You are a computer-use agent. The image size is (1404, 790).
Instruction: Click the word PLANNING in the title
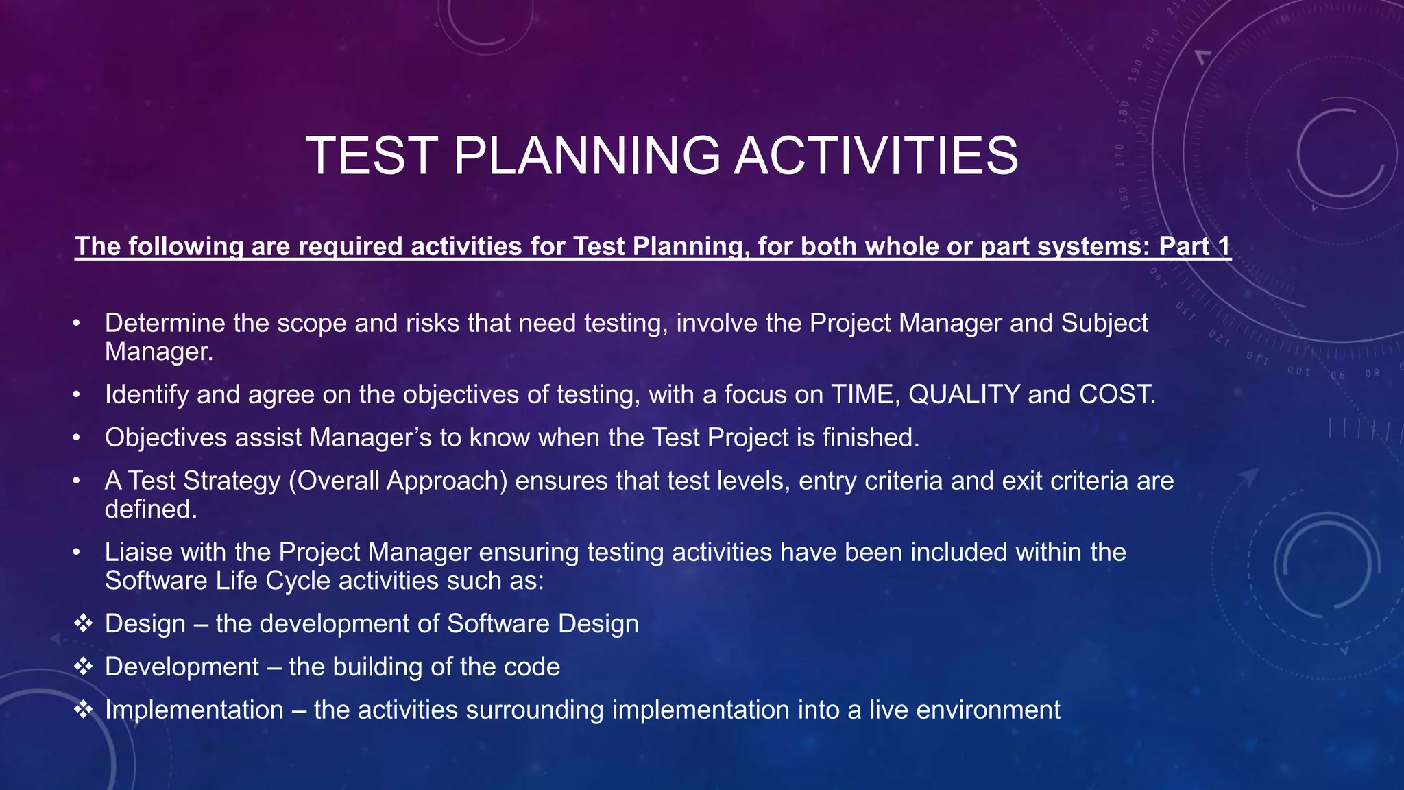586,156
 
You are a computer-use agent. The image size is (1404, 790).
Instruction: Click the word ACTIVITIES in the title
876,156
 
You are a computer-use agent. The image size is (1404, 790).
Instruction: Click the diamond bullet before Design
83,623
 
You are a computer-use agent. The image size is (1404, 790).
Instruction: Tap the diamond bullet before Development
83,667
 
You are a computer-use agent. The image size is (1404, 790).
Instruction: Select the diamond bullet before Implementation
83,710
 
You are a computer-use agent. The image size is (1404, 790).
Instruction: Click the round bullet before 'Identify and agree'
77,395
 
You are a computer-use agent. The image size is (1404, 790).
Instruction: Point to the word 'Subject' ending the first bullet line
1104,323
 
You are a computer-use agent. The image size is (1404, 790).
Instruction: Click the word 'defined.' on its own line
151,510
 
